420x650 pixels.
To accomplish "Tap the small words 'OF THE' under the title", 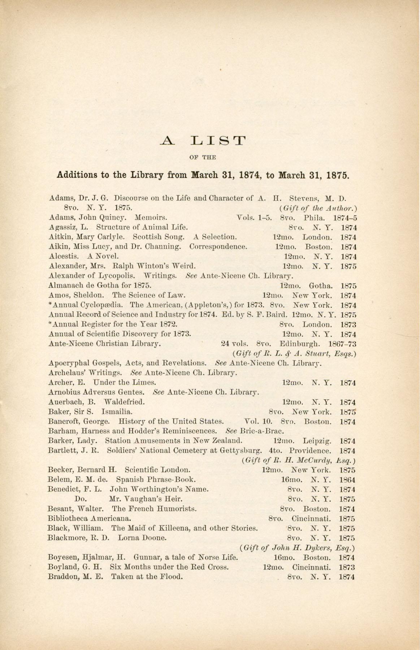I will coord(203,157).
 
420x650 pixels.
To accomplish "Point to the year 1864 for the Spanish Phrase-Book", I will coord(347,480).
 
